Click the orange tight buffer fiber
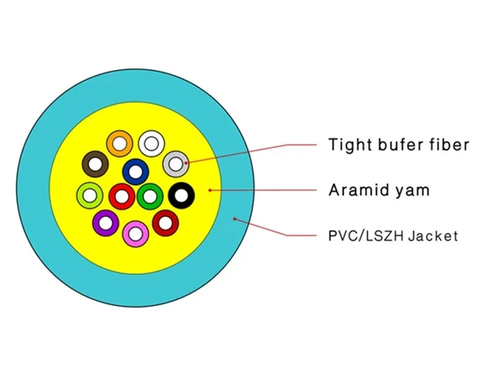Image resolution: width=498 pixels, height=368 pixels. tap(120, 142)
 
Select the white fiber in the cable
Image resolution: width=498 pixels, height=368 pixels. tap(152, 142)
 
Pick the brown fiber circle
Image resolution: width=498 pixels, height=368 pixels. tap(95, 164)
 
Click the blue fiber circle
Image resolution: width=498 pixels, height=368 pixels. tap(136, 171)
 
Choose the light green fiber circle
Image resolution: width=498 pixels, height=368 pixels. tap(90, 195)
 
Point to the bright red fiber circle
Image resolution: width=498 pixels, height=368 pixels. tap(122, 195)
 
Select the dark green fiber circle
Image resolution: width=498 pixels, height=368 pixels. tap(150, 195)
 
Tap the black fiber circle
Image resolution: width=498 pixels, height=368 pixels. tap(181, 195)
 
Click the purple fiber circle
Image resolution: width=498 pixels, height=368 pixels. tap(105, 222)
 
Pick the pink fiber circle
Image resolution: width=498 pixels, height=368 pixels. tap(136, 231)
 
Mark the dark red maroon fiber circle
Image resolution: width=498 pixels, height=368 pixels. tap(166, 222)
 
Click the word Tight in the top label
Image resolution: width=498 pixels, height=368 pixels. tap(349, 144)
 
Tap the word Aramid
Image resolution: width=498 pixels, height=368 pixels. tap(360, 191)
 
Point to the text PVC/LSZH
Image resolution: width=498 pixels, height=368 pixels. tap(364, 235)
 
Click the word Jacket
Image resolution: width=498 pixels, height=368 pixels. tap(432, 235)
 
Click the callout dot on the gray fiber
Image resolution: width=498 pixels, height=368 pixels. tap(188, 162)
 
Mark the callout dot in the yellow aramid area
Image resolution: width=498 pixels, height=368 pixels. tap(210, 190)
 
